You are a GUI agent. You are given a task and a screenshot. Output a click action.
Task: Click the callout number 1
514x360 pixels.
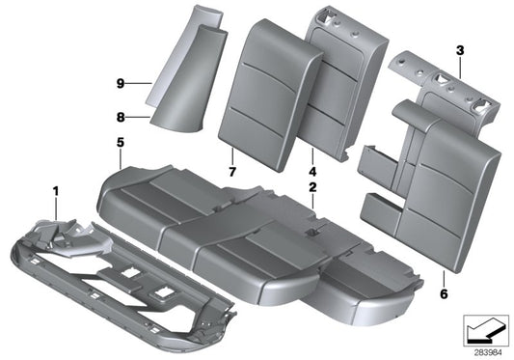point(56,192)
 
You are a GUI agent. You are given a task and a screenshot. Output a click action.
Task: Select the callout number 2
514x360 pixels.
point(312,186)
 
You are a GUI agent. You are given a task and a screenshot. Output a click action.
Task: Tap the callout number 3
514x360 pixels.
point(459,49)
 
